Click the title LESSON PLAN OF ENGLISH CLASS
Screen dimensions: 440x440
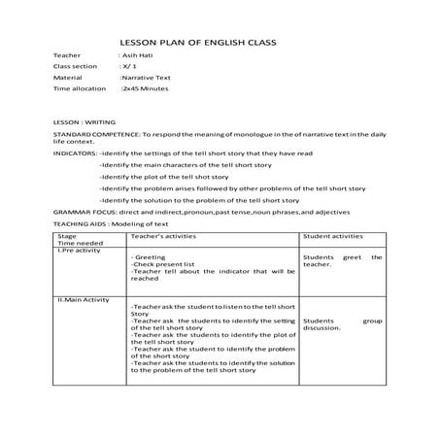point(196,43)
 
